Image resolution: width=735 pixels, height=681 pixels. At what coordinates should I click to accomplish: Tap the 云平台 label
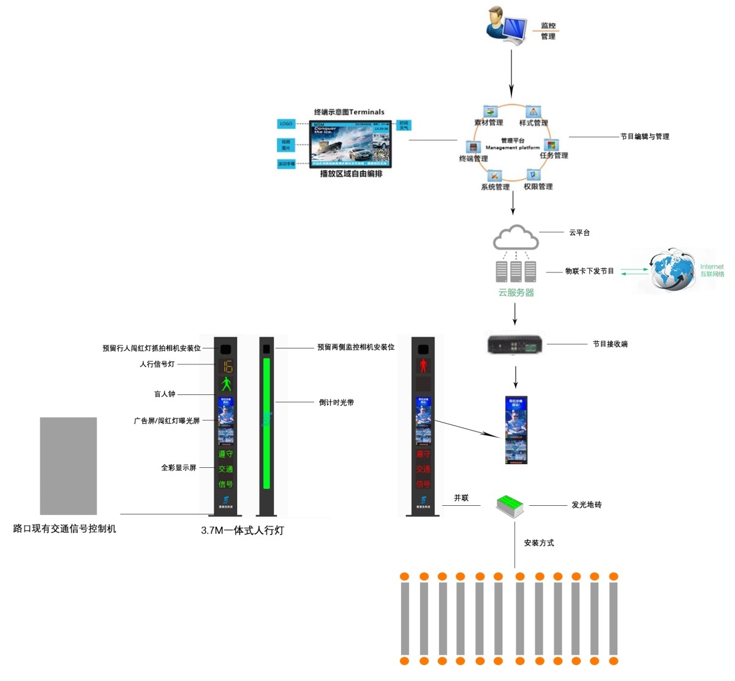579,233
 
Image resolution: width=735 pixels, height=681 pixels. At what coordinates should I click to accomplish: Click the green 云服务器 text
516,293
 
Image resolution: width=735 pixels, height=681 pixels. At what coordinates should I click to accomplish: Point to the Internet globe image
673,270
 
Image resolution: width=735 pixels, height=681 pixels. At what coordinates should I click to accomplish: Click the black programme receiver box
514,344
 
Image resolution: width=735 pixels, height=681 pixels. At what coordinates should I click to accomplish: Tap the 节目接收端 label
609,344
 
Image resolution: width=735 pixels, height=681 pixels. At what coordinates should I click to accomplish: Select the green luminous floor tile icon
510,505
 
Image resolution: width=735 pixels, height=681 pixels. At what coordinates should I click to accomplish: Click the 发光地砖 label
586,505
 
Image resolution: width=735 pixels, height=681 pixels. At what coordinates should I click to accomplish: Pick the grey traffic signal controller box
68,466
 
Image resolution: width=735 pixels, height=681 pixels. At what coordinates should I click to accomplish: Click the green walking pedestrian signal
226,385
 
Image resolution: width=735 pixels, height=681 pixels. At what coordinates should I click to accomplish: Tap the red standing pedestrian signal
423,366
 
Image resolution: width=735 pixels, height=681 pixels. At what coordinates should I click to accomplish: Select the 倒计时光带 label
336,402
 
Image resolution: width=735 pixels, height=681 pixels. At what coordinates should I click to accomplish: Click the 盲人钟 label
164,394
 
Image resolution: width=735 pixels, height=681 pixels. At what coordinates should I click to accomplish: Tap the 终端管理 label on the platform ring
473,159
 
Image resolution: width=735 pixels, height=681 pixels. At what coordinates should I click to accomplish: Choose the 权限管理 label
538,187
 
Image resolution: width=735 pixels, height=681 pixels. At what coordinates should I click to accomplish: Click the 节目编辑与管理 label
644,137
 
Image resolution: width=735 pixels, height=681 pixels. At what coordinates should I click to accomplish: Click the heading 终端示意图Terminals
349,112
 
